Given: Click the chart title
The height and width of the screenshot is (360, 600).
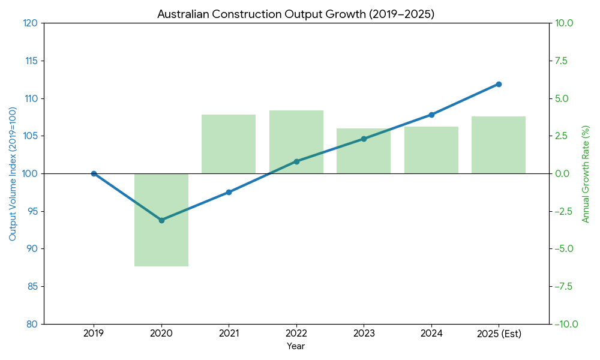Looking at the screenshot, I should click(296, 14).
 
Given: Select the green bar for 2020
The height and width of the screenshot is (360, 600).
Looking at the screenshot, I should click(161, 220).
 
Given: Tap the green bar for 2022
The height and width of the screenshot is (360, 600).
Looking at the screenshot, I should click(296, 142).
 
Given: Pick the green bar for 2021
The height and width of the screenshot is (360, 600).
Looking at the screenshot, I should click(229, 144).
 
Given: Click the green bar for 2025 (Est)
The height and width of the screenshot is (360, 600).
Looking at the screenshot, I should click(499, 145).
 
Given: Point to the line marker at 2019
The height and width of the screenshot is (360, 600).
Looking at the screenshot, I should click(94, 173).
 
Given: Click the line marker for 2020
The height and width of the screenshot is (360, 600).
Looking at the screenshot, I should click(161, 220).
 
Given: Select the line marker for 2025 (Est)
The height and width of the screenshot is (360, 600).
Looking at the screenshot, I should click(499, 84).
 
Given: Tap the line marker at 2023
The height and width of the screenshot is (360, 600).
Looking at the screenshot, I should click(364, 139).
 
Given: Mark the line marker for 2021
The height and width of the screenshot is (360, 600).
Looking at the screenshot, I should click(229, 192).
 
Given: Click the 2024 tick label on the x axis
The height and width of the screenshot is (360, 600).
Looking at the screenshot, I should click(431, 334).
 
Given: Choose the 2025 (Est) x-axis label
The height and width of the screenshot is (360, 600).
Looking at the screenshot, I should click(499, 334).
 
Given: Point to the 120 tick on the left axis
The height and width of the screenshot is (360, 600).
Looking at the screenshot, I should click(30, 23).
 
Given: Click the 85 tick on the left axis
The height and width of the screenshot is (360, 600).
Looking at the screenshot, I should click(31, 286).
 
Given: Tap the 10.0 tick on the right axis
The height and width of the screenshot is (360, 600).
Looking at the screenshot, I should click(565, 23).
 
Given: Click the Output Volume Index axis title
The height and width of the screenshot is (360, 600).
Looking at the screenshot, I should click(13, 174).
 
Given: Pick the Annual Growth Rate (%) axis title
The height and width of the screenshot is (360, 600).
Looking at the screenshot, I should click(586, 174).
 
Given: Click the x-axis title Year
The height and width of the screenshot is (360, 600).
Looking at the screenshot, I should click(296, 346).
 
